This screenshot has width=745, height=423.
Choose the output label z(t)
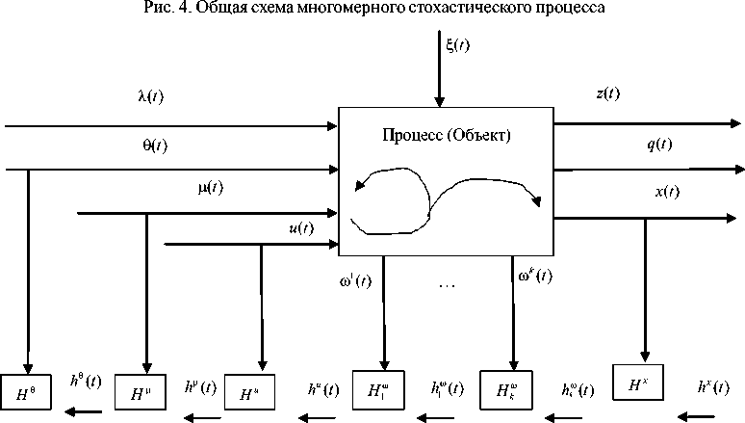click(608, 93)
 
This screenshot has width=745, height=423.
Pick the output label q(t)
click(659, 145)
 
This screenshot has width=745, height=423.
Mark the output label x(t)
click(667, 192)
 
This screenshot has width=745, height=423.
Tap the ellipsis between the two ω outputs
click(445, 286)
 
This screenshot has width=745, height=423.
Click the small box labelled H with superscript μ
click(141, 392)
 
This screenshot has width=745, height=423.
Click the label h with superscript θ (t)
click(86, 381)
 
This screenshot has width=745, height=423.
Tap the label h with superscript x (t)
click(710, 387)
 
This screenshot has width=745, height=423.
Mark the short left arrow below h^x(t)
click(697, 416)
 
